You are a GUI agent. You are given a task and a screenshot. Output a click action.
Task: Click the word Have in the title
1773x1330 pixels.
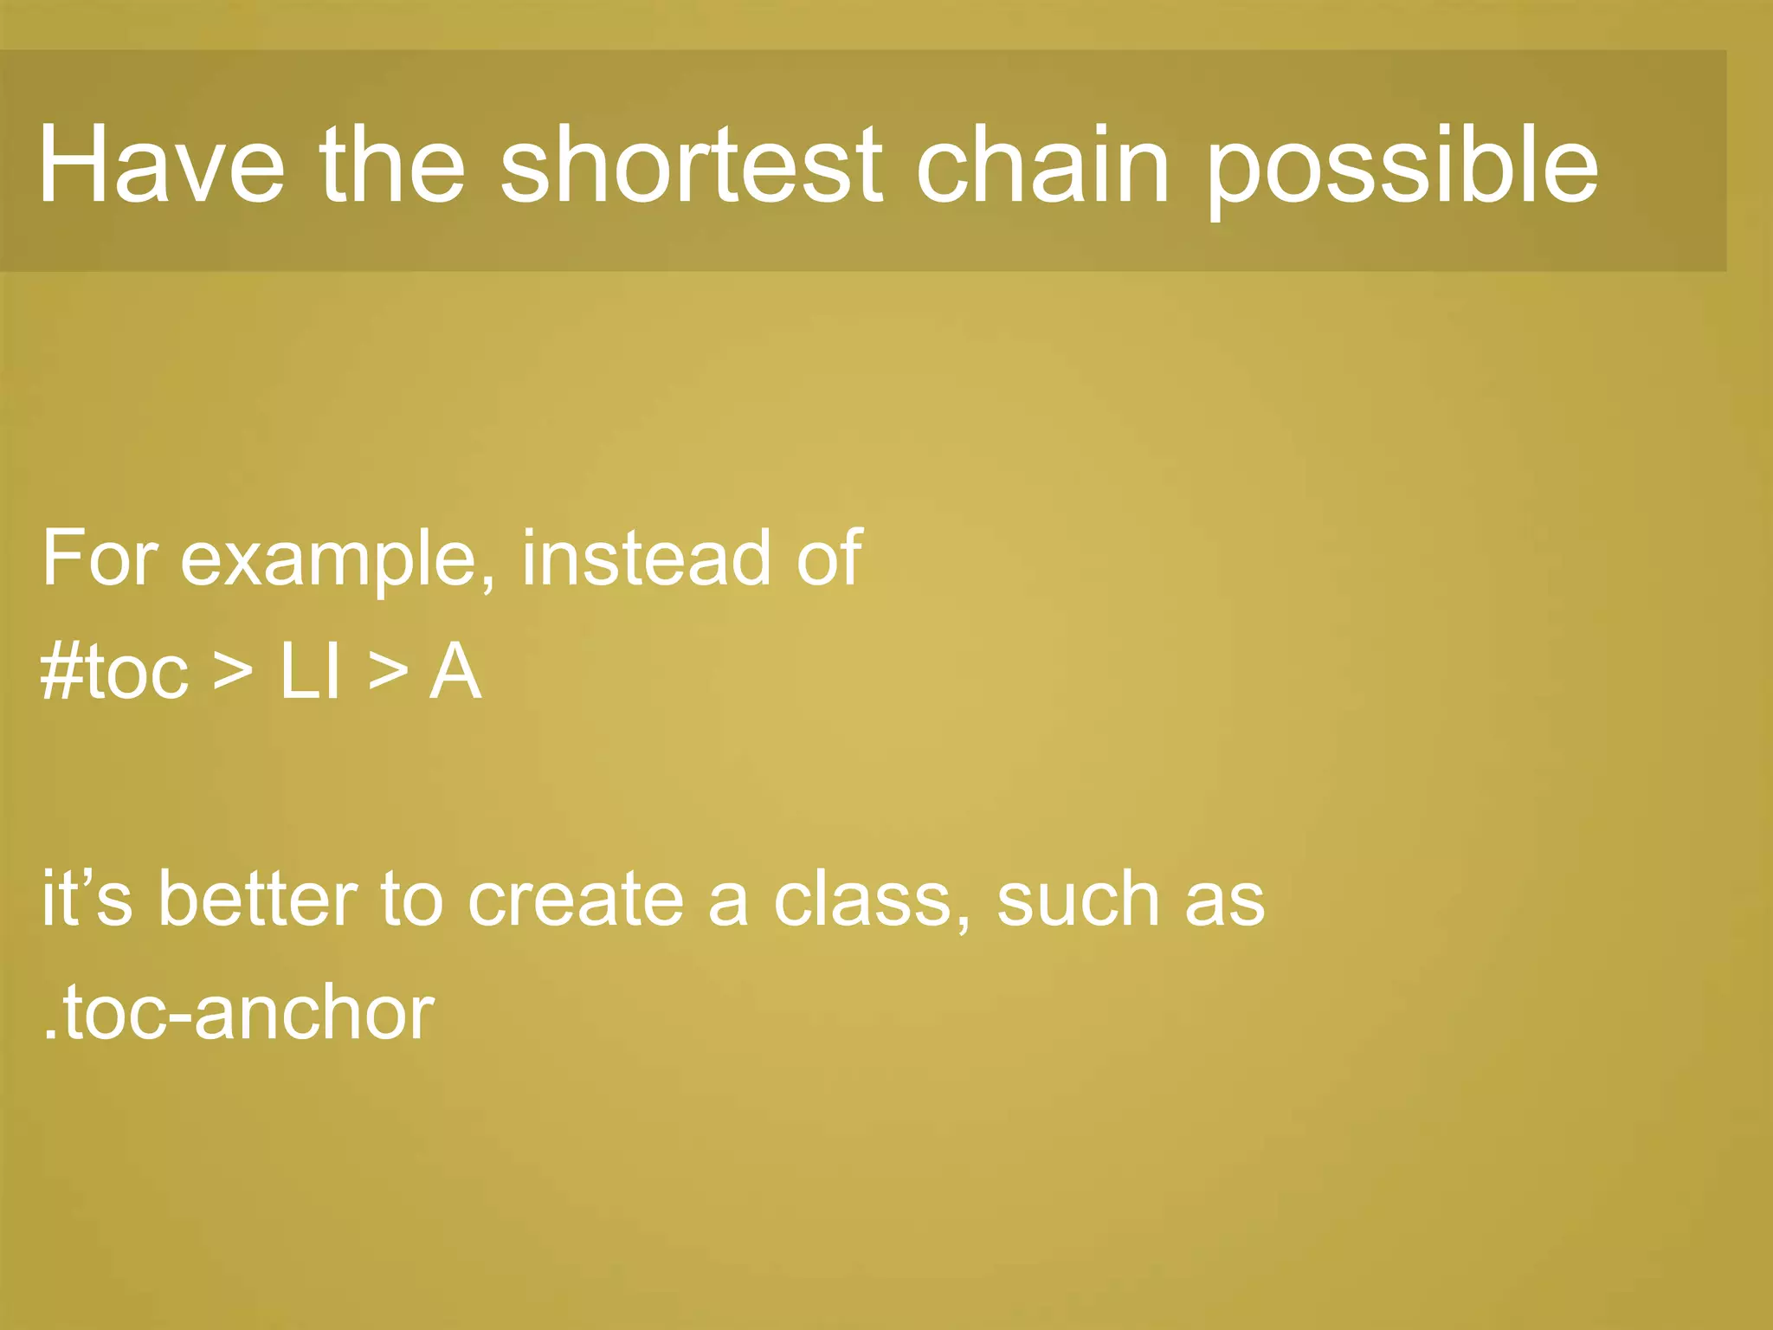[x=161, y=165]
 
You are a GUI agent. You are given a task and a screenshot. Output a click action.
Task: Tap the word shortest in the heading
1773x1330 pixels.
[x=691, y=165]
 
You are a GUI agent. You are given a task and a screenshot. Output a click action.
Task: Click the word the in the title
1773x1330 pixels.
[x=392, y=165]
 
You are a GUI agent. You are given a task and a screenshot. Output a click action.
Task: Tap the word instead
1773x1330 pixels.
[x=646, y=558]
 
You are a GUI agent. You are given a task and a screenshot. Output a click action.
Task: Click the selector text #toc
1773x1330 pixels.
[x=113, y=673]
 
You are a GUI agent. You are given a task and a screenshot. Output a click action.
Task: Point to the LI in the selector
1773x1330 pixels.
[x=309, y=673]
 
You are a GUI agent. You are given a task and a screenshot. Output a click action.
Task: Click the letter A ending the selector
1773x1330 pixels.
[x=455, y=673]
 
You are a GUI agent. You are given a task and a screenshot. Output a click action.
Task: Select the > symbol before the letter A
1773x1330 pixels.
[x=387, y=673]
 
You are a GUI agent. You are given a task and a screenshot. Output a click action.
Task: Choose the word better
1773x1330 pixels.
[x=257, y=899]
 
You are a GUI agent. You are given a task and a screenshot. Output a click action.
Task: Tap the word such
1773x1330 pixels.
[x=1079, y=899]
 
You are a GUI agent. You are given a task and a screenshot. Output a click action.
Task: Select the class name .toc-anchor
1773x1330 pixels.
[x=238, y=1013]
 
